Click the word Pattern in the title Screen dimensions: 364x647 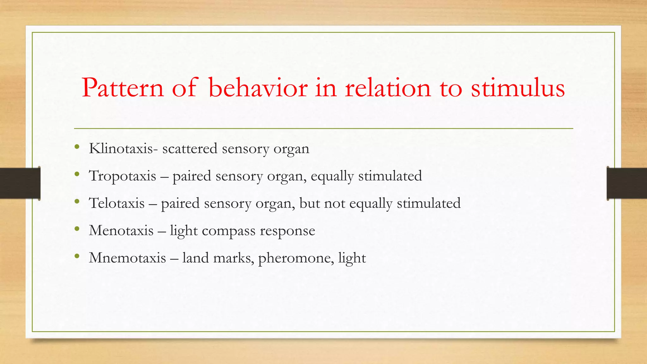123,88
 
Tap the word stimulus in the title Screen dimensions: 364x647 518,88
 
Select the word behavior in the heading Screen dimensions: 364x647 258,88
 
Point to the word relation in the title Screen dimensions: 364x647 388,88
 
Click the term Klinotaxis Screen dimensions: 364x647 121,149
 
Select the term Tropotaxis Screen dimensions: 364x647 123,176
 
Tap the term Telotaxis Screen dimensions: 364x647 117,203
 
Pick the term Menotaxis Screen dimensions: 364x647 121,230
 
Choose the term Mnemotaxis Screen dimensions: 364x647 127,258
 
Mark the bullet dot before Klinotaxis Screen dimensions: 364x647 77,147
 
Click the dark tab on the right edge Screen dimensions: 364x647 627,183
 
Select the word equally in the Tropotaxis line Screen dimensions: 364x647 332,176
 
